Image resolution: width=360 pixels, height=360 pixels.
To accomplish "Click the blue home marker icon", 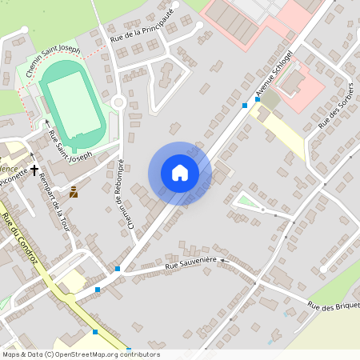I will (180, 172).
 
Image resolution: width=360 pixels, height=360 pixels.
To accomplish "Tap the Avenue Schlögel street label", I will (274, 76).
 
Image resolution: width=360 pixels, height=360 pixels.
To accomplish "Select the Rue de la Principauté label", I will (142, 24).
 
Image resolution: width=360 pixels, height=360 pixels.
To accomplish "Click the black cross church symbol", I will (34, 170).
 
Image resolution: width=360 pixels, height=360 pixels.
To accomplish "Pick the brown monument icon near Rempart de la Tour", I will (74, 191).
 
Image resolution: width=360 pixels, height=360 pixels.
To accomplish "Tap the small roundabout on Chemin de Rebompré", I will (118, 102).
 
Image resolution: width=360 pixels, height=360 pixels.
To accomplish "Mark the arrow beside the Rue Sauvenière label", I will (225, 260).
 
